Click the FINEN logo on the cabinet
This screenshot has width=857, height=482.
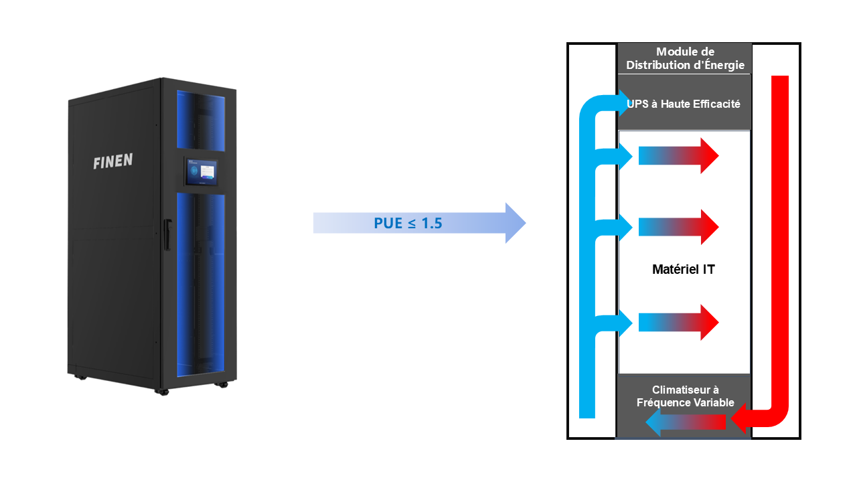tap(112, 161)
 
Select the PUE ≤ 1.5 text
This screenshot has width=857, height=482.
tap(408, 223)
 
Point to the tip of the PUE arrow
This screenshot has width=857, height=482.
tap(524, 223)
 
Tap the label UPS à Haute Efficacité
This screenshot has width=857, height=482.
tap(684, 104)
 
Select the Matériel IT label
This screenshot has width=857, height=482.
tap(683, 270)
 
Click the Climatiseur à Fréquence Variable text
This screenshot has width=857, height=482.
tap(684, 396)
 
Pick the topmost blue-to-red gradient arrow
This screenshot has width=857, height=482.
tap(678, 156)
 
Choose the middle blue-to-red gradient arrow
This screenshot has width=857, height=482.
tap(678, 228)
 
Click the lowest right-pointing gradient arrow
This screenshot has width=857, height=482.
tap(678, 323)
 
